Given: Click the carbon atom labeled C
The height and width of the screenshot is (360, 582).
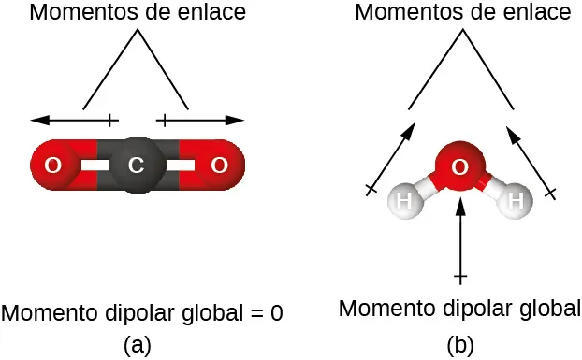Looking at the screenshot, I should coord(137,166).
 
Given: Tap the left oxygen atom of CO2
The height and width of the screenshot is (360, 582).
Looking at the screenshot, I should coord(53,166).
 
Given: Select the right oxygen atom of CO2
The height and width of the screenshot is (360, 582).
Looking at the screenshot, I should coord(220,166).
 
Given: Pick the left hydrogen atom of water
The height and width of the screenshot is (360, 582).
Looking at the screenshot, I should coord(404,200).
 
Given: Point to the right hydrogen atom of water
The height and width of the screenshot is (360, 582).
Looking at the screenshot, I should coord(515,200).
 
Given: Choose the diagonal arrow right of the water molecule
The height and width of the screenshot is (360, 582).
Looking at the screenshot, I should coord(530,159).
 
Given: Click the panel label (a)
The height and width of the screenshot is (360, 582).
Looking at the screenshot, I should coord(138,344).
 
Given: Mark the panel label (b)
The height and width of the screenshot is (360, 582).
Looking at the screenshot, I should coord(459,344).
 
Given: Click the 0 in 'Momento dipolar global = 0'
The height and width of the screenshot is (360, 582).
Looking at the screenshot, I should coord(276,312).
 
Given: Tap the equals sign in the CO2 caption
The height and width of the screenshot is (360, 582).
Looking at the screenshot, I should coord(255,313).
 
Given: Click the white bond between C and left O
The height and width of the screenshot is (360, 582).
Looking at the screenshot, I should coord(95,166).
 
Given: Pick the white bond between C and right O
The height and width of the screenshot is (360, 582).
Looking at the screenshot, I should coord(180,166).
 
